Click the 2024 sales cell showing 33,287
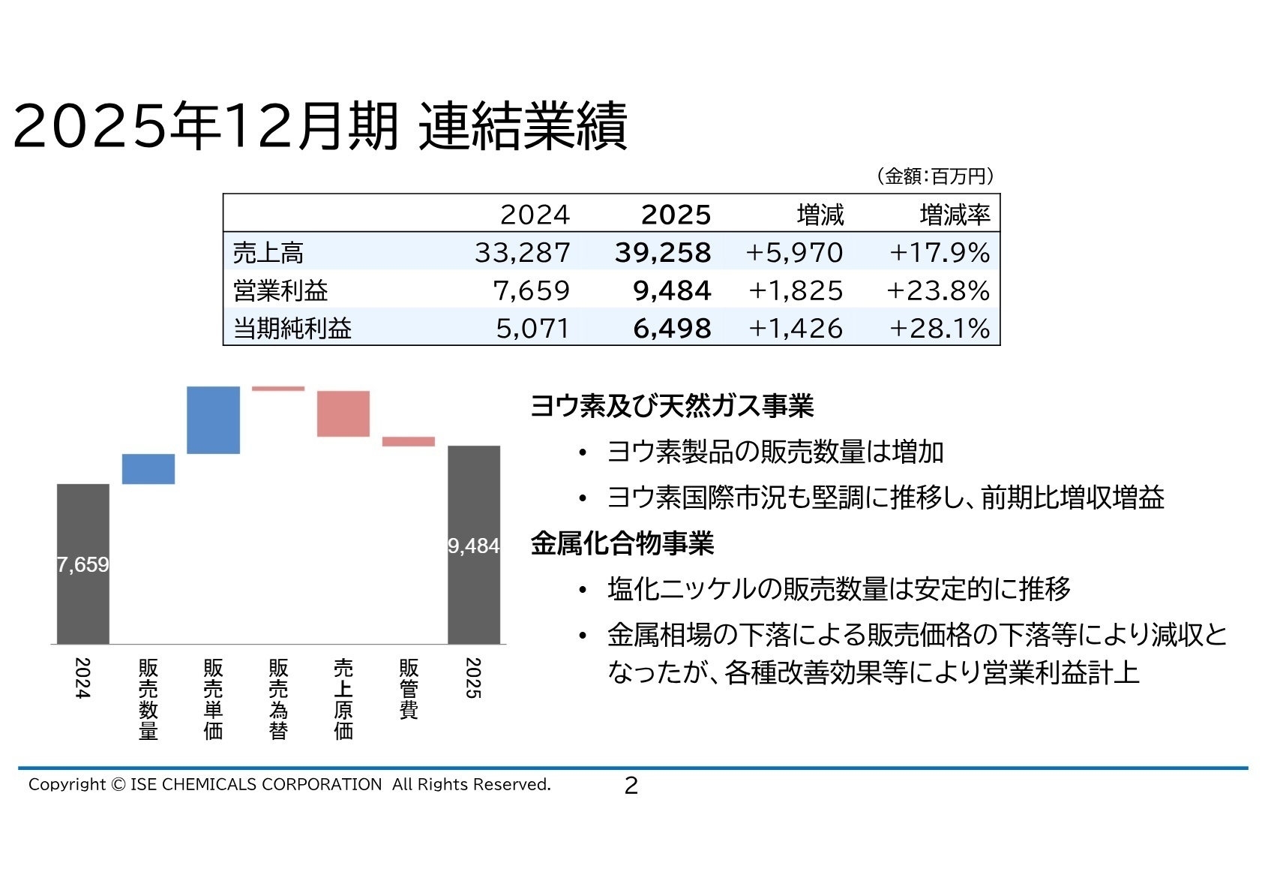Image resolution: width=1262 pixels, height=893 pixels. (x=522, y=253)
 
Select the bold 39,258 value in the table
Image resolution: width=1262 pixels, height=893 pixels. (x=663, y=253)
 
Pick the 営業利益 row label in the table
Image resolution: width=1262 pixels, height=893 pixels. (x=280, y=290)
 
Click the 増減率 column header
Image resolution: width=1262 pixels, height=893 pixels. (x=955, y=215)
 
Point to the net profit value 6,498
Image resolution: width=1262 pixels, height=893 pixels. (x=672, y=328)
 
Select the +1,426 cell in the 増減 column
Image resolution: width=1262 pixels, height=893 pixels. (x=796, y=328)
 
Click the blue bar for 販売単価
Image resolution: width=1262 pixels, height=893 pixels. (x=214, y=419)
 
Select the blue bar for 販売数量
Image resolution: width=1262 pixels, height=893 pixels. (x=148, y=469)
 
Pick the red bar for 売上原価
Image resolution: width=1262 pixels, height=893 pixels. (x=343, y=413)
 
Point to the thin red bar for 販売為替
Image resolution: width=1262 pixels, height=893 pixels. (x=278, y=389)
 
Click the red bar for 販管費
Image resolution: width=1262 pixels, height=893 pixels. (x=409, y=442)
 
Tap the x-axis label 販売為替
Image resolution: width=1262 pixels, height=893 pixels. (x=278, y=699)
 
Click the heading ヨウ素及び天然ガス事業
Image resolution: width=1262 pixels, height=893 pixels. (x=672, y=406)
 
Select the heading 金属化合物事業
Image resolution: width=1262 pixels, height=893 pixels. (x=622, y=543)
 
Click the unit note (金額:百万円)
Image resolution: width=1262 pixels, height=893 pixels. (x=934, y=176)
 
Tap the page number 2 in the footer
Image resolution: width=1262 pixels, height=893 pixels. (x=631, y=786)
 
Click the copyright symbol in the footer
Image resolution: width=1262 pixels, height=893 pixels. (x=118, y=785)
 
